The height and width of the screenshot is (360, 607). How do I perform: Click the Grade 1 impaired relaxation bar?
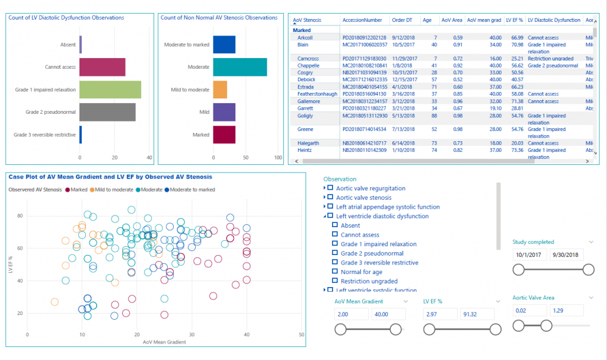click(x=110, y=90)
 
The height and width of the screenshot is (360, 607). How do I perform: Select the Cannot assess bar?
click(x=102, y=67)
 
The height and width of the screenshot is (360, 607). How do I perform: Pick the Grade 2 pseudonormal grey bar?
click(x=107, y=111)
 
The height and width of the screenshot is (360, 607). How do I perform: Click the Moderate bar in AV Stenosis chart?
click(x=239, y=67)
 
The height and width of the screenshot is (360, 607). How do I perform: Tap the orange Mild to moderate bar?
click(x=220, y=90)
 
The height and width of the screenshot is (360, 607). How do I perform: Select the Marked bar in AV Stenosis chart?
click(x=224, y=134)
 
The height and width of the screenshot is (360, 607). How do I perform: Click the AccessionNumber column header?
click(x=362, y=20)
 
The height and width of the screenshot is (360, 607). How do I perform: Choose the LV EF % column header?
click(x=513, y=20)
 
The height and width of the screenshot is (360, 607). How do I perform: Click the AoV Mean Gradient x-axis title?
click(x=164, y=342)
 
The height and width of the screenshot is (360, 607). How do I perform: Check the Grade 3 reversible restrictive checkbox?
click(x=335, y=263)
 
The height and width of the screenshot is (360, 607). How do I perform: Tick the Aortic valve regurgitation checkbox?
click(x=330, y=189)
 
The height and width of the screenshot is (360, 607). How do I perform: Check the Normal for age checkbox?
click(x=335, y=272)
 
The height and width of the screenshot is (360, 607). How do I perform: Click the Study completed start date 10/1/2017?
click(x=529, y=254)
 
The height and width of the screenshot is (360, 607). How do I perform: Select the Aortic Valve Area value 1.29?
click(x=567, y=310)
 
